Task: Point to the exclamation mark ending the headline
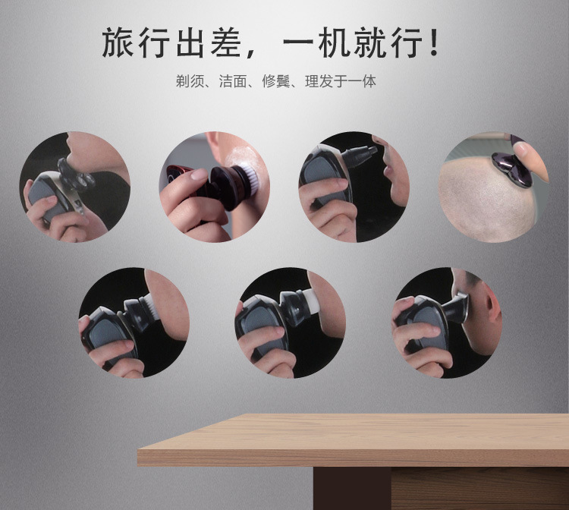[x=433, y=43]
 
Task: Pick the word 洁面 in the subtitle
[x=234, y=81]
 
